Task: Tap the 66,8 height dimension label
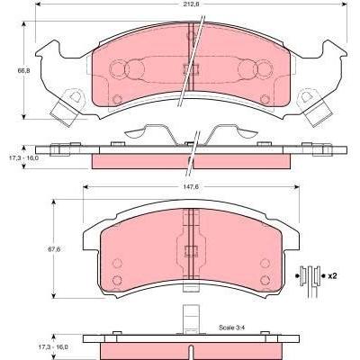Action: point(24,71)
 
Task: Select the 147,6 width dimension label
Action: point(192,186)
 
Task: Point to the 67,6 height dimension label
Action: point(54,249)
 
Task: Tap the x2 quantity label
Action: point(332,276)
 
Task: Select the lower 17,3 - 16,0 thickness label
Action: point(53,346)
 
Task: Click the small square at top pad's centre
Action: point(192,69)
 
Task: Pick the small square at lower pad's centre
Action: point(192,251)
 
